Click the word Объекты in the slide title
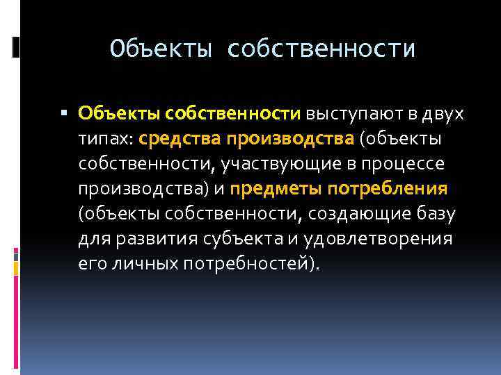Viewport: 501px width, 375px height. click(161, 49)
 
